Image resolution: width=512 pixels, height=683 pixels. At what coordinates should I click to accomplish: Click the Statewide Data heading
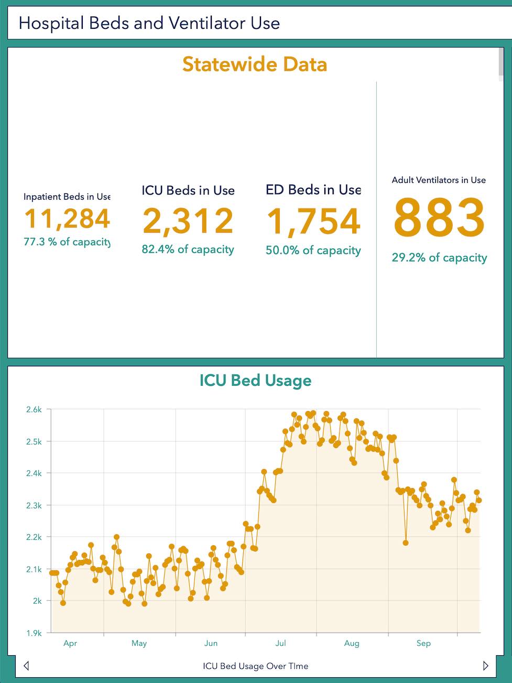(255, 64)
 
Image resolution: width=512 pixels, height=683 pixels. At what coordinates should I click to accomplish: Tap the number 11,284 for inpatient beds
(67, 219)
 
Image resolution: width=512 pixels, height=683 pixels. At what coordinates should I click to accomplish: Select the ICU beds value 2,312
(188, 221)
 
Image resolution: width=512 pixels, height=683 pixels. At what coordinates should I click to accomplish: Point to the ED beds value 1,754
(313, 221)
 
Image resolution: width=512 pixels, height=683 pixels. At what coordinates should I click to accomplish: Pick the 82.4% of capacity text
(188, 250)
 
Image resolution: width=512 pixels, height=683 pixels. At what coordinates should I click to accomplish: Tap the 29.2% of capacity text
(439, 258)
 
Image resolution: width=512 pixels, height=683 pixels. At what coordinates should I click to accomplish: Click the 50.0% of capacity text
(313, 251)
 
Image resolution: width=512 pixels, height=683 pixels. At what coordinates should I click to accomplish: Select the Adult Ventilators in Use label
(439, 180)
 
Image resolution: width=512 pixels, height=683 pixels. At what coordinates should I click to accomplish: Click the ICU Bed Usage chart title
(255, 381)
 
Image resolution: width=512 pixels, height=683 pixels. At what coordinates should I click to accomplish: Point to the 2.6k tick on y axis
(34, 409)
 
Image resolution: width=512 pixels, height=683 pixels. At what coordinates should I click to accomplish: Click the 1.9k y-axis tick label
(34, 633)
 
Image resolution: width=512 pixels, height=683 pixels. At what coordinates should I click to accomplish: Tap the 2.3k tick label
(34, 505)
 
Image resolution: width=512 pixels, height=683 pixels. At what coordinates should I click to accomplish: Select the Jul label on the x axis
(281, 643)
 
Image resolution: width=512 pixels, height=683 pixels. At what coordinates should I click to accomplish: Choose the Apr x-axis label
(70, 643)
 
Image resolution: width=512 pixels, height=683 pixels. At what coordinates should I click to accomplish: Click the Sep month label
(423, 643)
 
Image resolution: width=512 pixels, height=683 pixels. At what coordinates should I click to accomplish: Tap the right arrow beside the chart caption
(485, 666)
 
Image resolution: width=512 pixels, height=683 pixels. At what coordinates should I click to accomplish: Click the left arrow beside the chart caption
(26, 666)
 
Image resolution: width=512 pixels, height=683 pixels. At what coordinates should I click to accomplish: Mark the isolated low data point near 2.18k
(406, 543)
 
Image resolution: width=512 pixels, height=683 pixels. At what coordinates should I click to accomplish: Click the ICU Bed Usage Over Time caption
(255, 666)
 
